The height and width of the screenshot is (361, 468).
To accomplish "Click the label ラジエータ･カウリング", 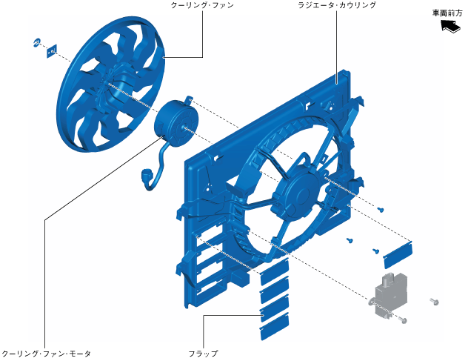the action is (337, 5).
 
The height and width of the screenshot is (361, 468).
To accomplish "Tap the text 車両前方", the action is (447, 13).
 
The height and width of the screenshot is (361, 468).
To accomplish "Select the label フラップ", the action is (203, 354).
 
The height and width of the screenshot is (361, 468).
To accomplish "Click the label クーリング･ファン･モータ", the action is (46, 354).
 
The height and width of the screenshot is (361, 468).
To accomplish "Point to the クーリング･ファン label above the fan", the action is (202, 5).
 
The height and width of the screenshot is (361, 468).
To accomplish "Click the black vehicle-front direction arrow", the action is (451, 26).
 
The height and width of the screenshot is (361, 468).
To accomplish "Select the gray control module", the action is (390, 294).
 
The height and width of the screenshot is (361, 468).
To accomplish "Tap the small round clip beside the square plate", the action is (37, 43).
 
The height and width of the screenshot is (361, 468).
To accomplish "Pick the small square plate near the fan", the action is (52, 51).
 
